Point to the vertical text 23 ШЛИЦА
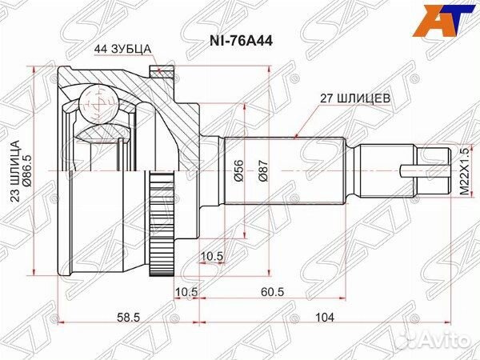14,172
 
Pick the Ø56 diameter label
238,172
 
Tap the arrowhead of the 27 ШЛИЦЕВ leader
297,136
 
